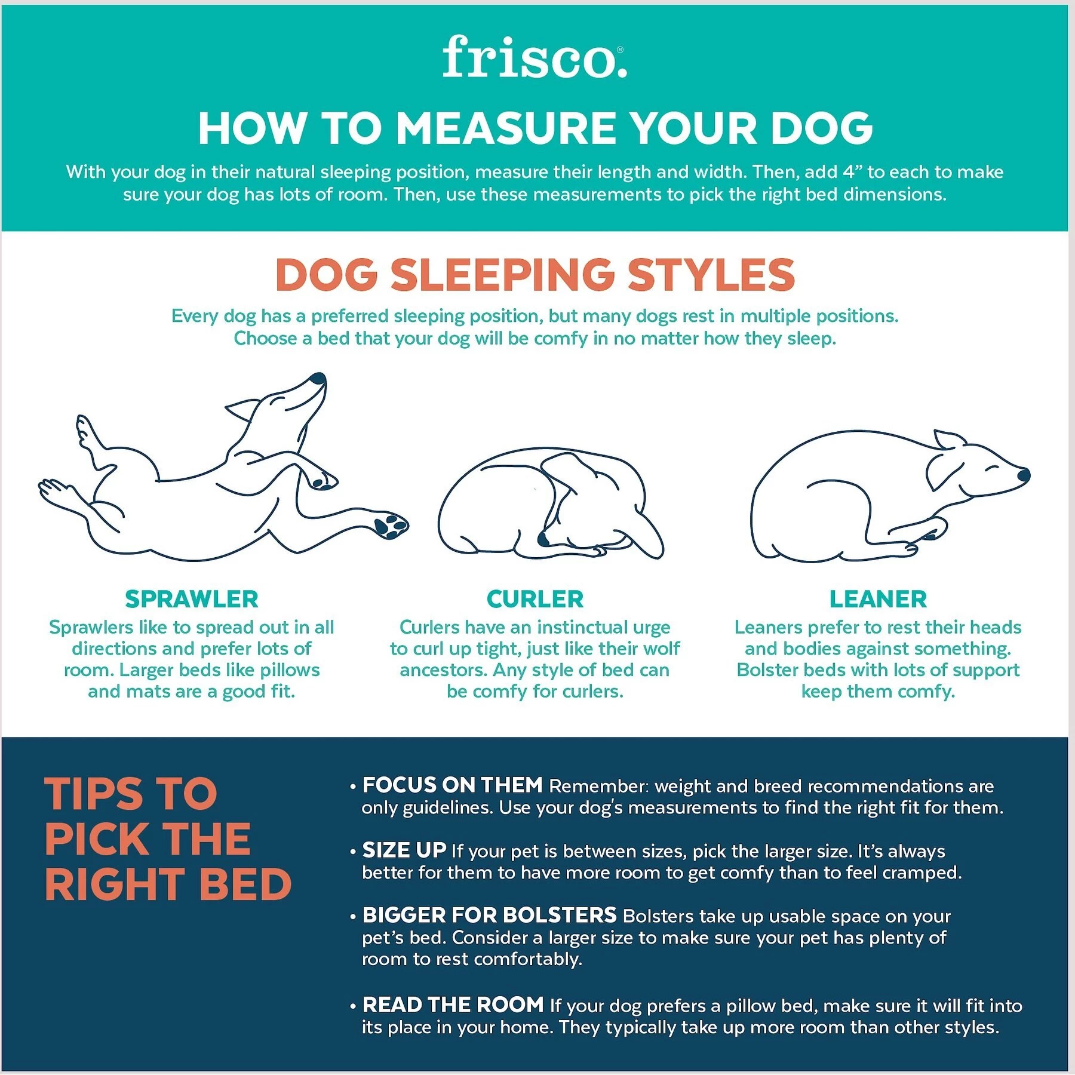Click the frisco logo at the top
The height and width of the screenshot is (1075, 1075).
[535, 58]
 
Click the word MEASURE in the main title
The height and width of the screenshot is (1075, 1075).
[506, 128]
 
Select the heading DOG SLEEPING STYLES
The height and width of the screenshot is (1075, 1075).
[535, 275]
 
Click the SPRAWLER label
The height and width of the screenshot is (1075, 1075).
[192, 599]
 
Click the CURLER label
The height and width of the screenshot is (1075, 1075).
[535, 599]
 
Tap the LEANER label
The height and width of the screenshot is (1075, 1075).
[878, 599]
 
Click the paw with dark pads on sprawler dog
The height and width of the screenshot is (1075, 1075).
[391, 525]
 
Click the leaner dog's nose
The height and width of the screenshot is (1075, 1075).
[1024, 475]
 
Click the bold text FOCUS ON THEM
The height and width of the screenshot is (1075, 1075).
[452, 785]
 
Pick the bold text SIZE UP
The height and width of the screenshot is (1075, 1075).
[404, 850]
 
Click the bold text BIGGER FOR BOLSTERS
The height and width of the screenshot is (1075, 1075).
[489, 915]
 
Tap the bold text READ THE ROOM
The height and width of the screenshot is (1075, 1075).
[453, 1005]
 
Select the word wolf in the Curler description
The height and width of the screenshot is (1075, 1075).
[663, 649]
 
